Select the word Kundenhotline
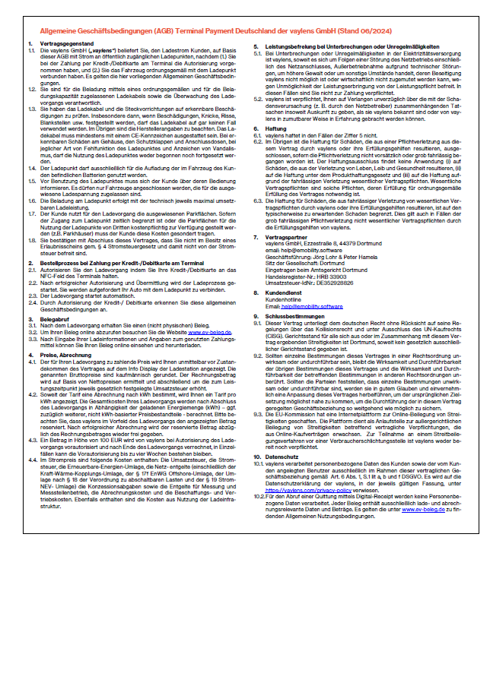(286, 299)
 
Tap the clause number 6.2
(257, 140)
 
